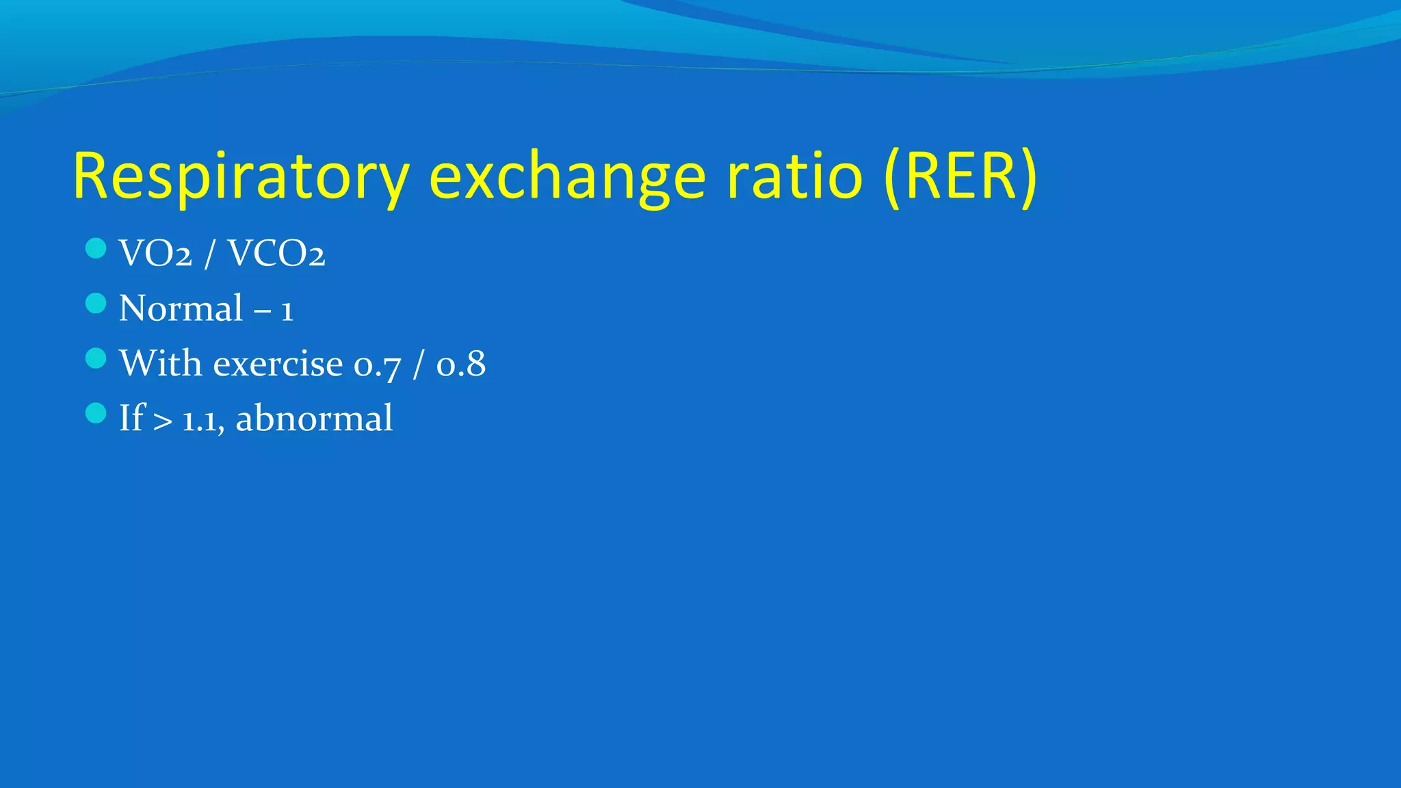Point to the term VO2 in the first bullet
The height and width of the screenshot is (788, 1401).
click(155, 254)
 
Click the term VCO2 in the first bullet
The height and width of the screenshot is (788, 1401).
click(276, 254)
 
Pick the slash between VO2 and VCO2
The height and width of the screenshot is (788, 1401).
click(209, 254)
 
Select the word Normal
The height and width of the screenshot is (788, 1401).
click(181, 308)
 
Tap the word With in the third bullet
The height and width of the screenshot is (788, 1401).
click(160, 363)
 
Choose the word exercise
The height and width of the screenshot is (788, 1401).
click(278, 364)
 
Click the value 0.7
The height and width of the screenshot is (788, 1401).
click(377, 365)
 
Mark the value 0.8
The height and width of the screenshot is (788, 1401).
click(461, 364)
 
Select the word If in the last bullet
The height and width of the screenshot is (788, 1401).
click(131, 418)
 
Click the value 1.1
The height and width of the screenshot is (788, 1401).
click(202, 420)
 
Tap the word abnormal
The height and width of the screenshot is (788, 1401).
click(314, 419)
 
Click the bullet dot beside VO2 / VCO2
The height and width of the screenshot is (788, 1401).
click(96, 248)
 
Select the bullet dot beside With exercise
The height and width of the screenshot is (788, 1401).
click(96, 358)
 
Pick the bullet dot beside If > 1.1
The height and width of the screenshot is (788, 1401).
click(96, 412)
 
